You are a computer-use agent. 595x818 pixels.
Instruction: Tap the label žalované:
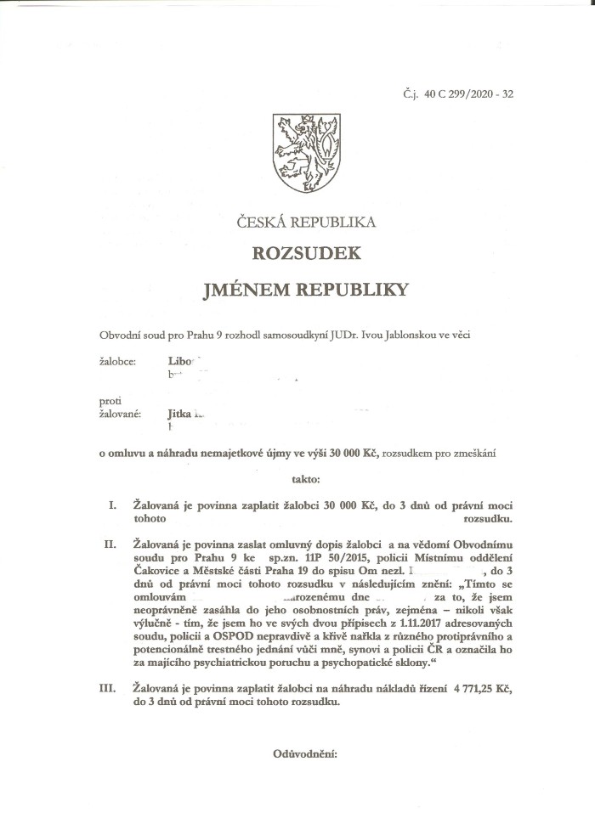click(x=120, y=415)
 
